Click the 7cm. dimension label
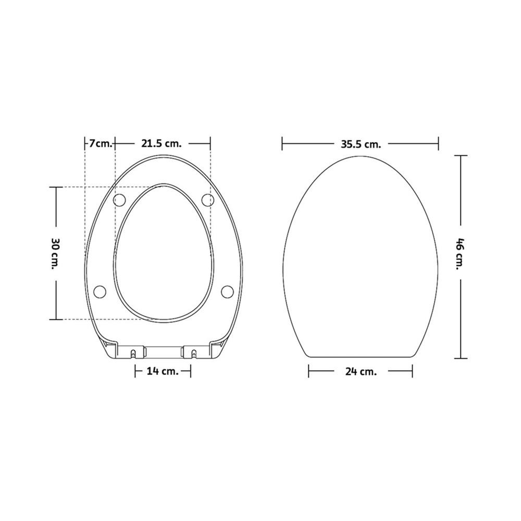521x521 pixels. [101, 144]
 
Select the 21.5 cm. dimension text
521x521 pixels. [162, 144]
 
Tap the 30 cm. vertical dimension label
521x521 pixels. [55, 253]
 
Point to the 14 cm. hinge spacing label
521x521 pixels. [163, 371]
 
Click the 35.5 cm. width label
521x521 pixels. [361, 144]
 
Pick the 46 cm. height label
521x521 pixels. [460, 254]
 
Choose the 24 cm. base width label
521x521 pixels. [361, 371]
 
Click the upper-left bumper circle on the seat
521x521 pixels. [120, 200]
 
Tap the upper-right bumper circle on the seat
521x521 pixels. [208, 200]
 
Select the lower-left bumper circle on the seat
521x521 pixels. [100, 291]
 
